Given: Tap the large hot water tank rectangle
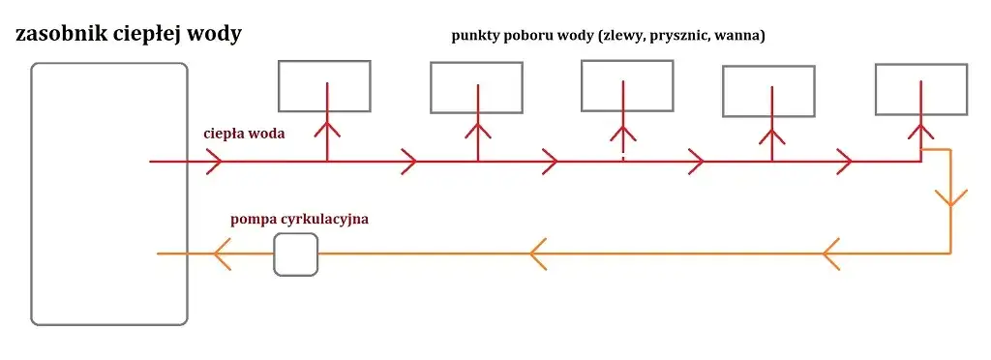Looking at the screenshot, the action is point(108,194).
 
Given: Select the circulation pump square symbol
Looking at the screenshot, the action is point(295,255).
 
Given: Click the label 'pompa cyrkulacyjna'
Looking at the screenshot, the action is point(299,220).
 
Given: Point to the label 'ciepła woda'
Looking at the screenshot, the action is point(244,134).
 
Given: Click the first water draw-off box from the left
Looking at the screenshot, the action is point(324,85).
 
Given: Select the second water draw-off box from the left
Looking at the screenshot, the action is point(476,87).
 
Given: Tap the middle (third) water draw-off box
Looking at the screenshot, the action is point(626,85).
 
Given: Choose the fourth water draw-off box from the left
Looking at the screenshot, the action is point(768,92).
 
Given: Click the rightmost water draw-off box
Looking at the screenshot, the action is point(919,88).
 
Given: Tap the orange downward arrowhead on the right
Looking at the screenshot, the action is point(950,198).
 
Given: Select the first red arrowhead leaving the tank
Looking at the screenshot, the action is point(216,162).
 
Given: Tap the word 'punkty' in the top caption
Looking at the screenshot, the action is point(476,37).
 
